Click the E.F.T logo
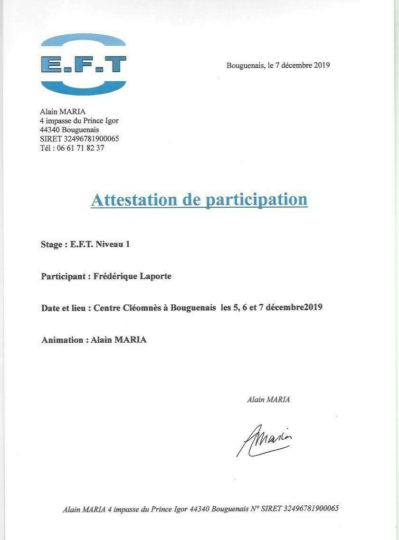click(84, 64)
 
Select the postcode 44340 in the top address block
click(50, 130)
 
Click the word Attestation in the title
click(134, 200)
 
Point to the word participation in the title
click(256, 200)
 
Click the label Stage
click(52, 245)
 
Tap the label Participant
click(63, 276)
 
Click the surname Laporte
click(154, 276)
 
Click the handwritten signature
click(264, 440)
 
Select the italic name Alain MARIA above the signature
click(268, 400)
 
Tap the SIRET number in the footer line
click(311, 509)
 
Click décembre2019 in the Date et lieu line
click(294, 308)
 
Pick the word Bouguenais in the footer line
click(229, 509)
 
